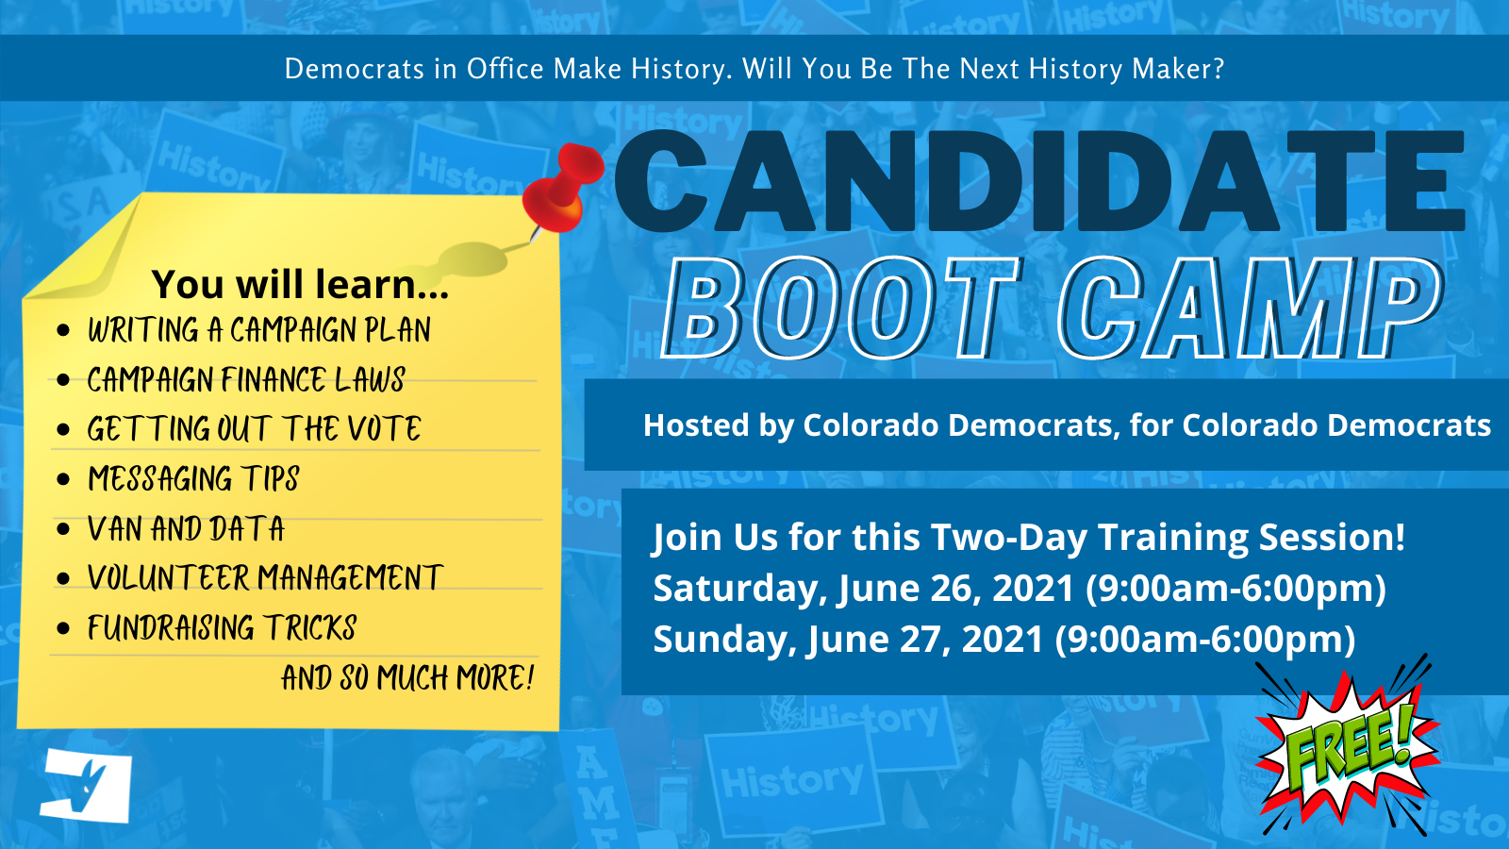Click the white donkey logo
[x=86, y=785]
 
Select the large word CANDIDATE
[x=1038, y=180]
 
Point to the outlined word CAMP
[x=1251, y=308]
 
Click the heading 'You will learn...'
[x=300, y=284]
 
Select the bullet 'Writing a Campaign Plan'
[x=258, y=330]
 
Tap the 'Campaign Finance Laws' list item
[x=246, y=380]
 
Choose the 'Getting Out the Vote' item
[x=254, y=429]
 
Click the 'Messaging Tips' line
[x=193, y=479]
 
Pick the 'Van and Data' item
[x=186, y=529]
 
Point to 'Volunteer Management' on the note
[x=265, y=578]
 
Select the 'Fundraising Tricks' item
[x=222, y=628]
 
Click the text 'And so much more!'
[x=407, y=677]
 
